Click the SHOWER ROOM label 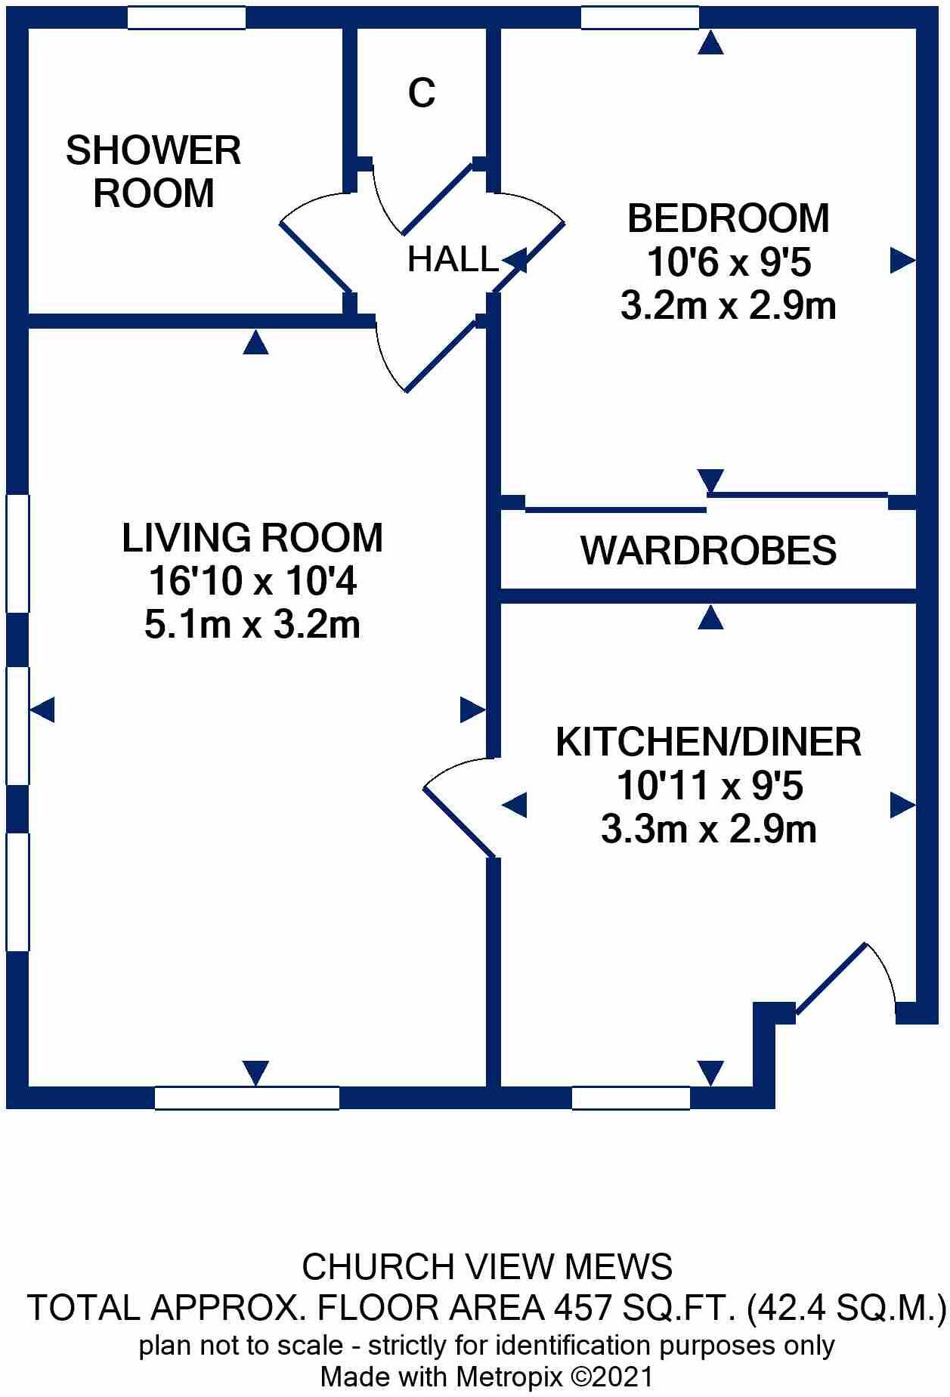(153, 172)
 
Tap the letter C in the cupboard (422, 94)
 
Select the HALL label (452, 260)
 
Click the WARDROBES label (708, 550)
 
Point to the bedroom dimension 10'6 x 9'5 (729, 263)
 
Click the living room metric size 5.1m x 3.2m (252, 626)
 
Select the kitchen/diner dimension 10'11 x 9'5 (709, 786)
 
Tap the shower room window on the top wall (186, 17)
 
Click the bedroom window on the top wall (639, 17)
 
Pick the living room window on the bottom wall (246, 1098)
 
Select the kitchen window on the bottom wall (630, 1098)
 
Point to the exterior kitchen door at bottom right (831, 978)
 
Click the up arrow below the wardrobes (710, 620)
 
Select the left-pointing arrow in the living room (42, 710)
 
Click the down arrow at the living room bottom (255, 1072)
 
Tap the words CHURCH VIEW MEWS (487, 1267)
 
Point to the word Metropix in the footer (509, 1377)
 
